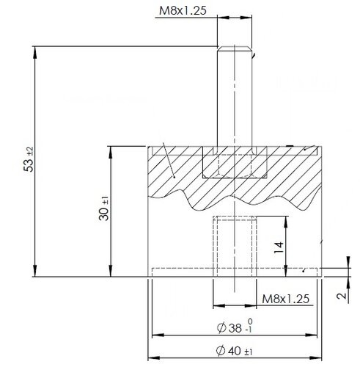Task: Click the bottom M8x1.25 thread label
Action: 290,299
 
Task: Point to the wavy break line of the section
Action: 235,198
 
